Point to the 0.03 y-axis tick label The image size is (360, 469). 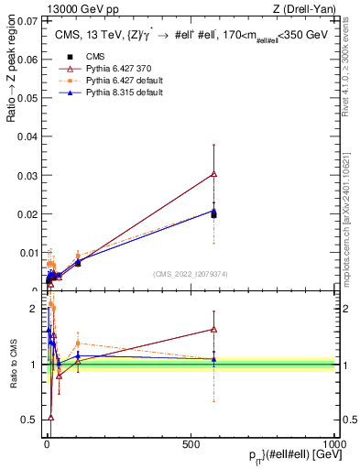click(x=25, y=175)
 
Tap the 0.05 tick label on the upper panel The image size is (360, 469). click(x=25, y=98)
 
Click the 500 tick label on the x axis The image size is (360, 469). click(x=191, y=442)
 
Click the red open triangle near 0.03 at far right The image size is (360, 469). click(x=213, y=173)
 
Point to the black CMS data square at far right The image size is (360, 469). click(x=213, y=214)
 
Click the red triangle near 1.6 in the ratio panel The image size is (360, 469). click(x=213, y=329)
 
